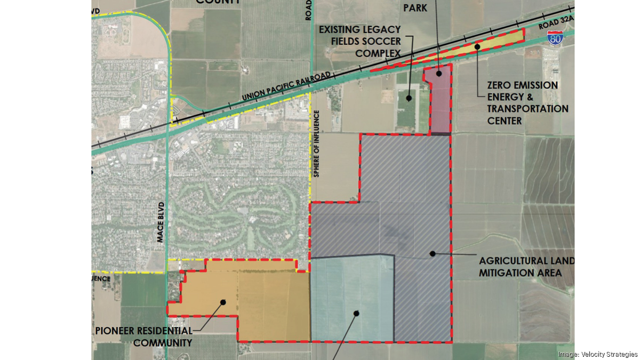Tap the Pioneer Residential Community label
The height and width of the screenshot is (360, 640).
(x=143, y=337)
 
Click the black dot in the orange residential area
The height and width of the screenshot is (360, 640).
(x=223, y=302)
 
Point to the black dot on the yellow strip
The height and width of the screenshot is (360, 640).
(x=477, y=46)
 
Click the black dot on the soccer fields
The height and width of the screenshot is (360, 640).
(x=409, y=98)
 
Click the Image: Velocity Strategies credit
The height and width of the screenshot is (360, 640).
(x=597, y=355)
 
